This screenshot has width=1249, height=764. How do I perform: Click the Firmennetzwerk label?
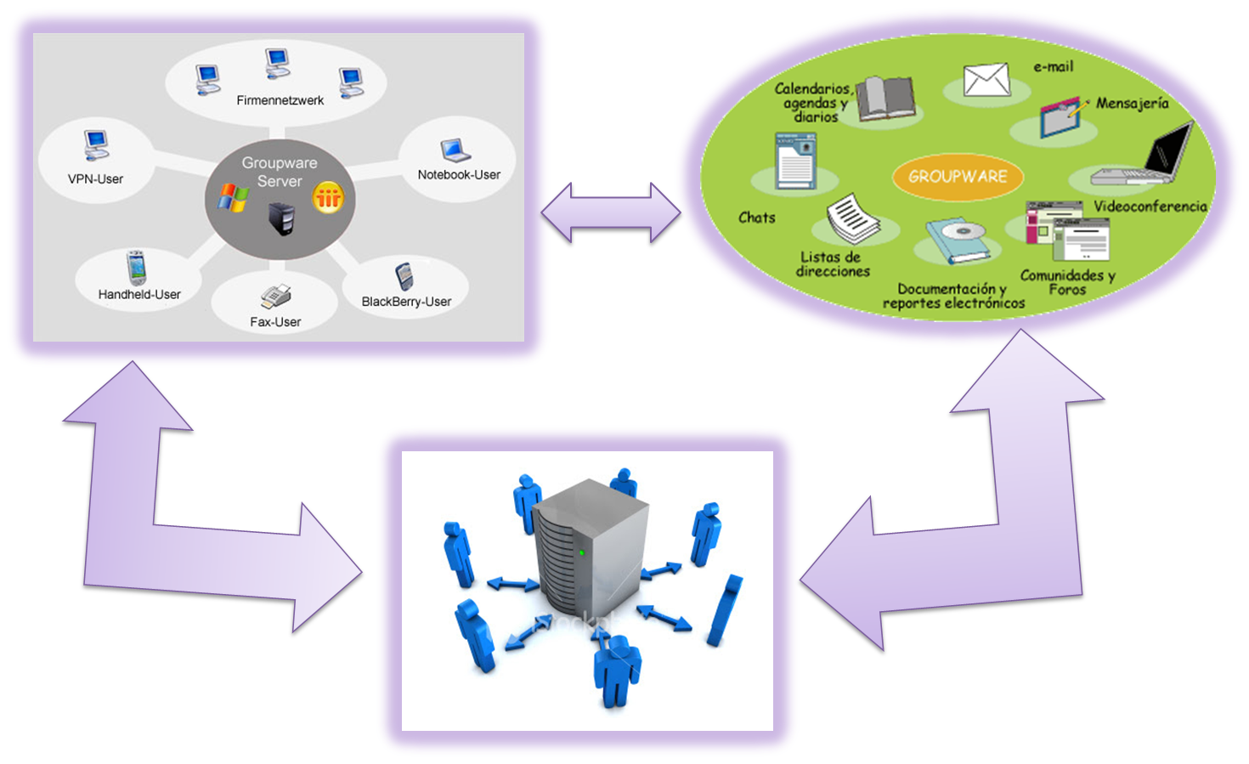click(280, 100)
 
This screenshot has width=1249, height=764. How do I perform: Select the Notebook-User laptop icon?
click(455, 150)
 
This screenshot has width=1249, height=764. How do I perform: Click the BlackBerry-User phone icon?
click(404, 276)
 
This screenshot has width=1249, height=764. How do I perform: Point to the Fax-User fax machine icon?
click(276, 297)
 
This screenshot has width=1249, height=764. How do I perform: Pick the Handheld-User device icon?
click(136, 268)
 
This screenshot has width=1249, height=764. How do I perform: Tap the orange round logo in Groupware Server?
click(328, 198)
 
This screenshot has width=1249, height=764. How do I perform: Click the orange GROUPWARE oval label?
click(958, 177)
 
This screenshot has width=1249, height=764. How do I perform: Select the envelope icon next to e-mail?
click(986, 81)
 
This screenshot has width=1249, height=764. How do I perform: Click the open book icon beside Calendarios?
click(885, 99)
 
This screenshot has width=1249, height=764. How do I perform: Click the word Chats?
click(756, 218)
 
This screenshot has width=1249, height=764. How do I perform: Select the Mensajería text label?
click(1132, 104)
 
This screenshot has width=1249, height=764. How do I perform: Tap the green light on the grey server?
click(582, 552)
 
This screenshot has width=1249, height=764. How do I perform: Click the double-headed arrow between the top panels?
click(612, 215)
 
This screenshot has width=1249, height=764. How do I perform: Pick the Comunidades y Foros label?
click(1067, 282)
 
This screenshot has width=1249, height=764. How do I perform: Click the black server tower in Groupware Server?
click(281, 218)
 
